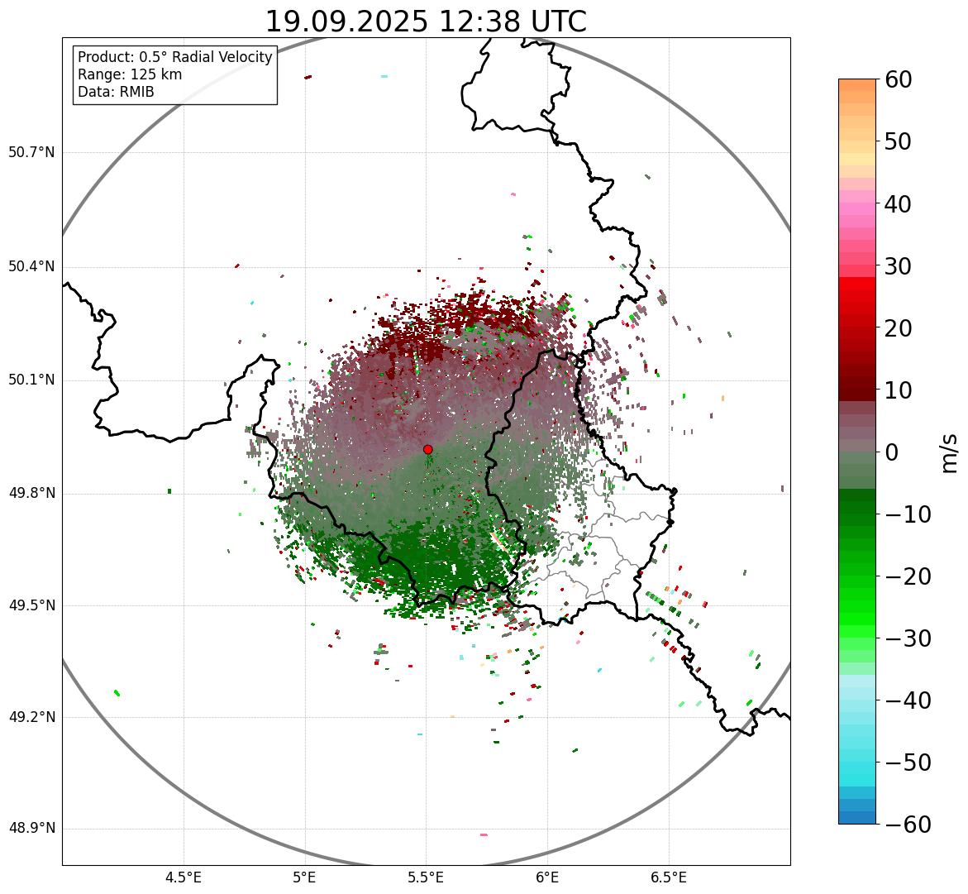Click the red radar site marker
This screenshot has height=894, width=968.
[x=427, y=449]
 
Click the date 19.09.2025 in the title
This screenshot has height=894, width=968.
[x=346, y=22]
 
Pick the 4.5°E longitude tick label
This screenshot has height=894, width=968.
[x=184, y=877]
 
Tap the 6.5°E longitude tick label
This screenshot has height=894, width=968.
[x=669, y=877]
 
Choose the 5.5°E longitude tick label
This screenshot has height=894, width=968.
[x=426, y=877]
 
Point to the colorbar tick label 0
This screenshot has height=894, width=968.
[x=893, y=452]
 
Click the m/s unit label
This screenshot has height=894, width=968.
[x=950, y=452]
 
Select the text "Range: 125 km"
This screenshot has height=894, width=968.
[x=130, y=74]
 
